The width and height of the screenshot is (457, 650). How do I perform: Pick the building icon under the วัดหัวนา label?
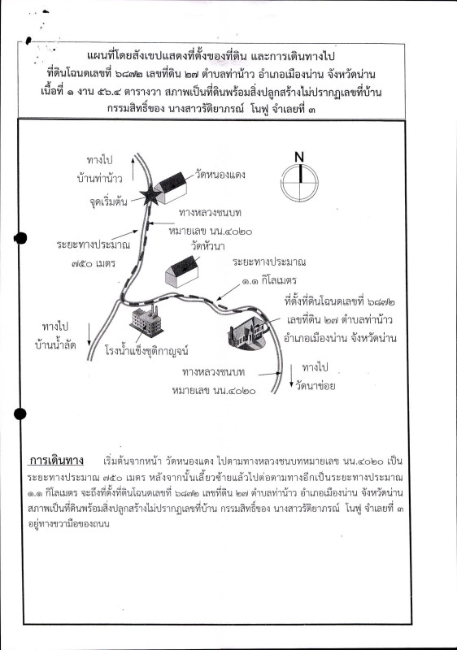[182, 271]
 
